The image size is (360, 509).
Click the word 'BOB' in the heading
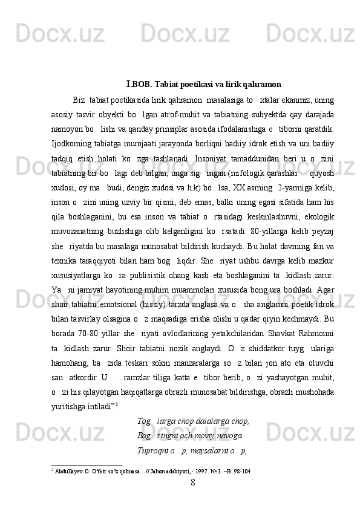coord(139,83)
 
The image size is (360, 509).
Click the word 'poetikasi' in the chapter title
coord(188,83)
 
